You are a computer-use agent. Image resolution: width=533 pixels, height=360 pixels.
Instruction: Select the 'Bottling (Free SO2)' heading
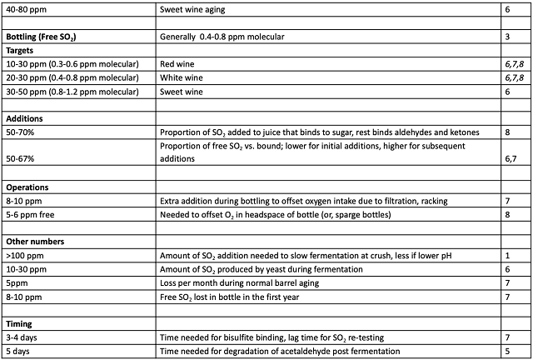pos(41,37)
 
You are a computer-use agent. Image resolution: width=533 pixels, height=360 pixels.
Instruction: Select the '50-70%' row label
pos(20,131)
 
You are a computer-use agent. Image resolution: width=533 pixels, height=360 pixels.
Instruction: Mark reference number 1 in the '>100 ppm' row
pos(507,257)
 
